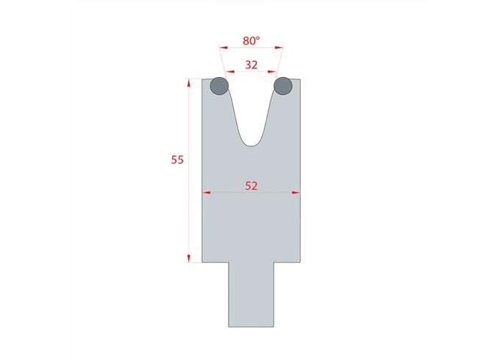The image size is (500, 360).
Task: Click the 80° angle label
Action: point(251,41)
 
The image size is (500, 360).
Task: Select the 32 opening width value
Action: point(251,65)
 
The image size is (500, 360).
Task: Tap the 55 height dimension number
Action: point(177,159)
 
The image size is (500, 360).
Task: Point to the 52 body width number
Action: point(251,186)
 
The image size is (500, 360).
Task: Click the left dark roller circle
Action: point(219,87)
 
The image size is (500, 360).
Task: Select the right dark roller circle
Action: point(283,87)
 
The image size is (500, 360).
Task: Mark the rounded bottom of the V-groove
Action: point(251,145)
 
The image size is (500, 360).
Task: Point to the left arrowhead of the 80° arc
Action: point(221,48)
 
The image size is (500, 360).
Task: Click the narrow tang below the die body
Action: point(251,294)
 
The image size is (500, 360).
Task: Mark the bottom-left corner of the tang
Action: point(229,327)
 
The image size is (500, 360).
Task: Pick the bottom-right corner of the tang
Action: point(274,327)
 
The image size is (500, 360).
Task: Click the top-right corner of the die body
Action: point(300,79)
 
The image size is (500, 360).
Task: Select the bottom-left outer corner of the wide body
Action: point(202,262)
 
